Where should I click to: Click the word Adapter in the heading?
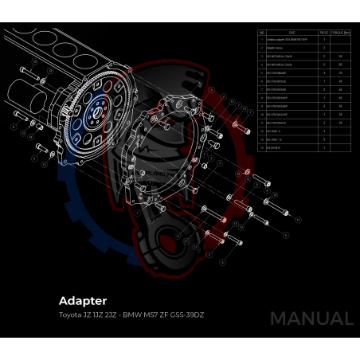(x=83, y=302)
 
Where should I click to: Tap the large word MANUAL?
(x=311, y=319)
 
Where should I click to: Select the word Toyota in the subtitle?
(x=69, y=315)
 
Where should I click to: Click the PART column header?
(x=292, y=33)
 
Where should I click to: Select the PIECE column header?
(x=324, y=33)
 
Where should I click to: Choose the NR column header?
(x=262, y=33)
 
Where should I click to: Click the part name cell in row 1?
(x=292, y=40)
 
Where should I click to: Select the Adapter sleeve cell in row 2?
(x=292, y=48)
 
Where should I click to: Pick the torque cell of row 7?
(x=341, y=89)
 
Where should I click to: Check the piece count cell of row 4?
(x=324, y=65)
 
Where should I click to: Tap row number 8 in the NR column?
(x=262, y=97)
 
